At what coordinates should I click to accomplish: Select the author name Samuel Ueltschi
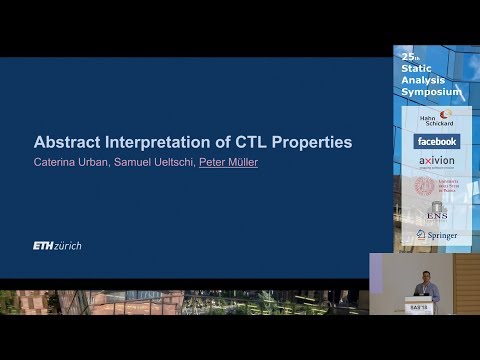[x=151, y=162]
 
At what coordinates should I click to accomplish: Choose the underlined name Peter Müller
[x=229, y=162]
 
